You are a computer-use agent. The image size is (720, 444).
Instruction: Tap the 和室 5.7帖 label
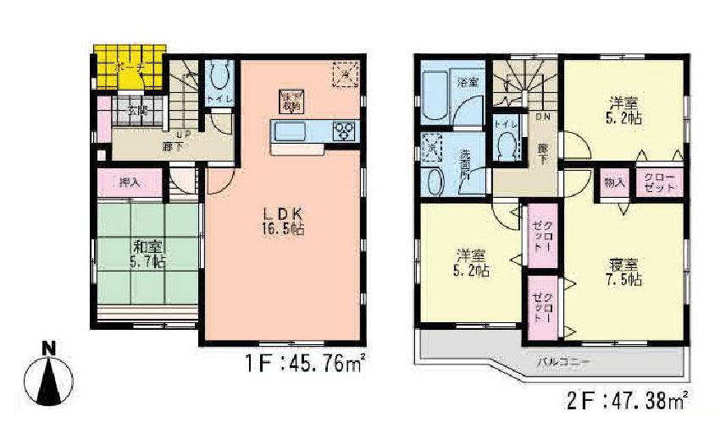(147, 254)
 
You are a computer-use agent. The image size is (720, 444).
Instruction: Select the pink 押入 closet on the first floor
(130, 181)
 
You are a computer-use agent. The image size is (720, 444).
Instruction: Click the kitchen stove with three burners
(346, 132)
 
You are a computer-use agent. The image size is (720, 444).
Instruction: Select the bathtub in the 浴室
(435, 92)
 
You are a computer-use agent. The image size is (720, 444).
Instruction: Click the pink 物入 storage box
(614, 182)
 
